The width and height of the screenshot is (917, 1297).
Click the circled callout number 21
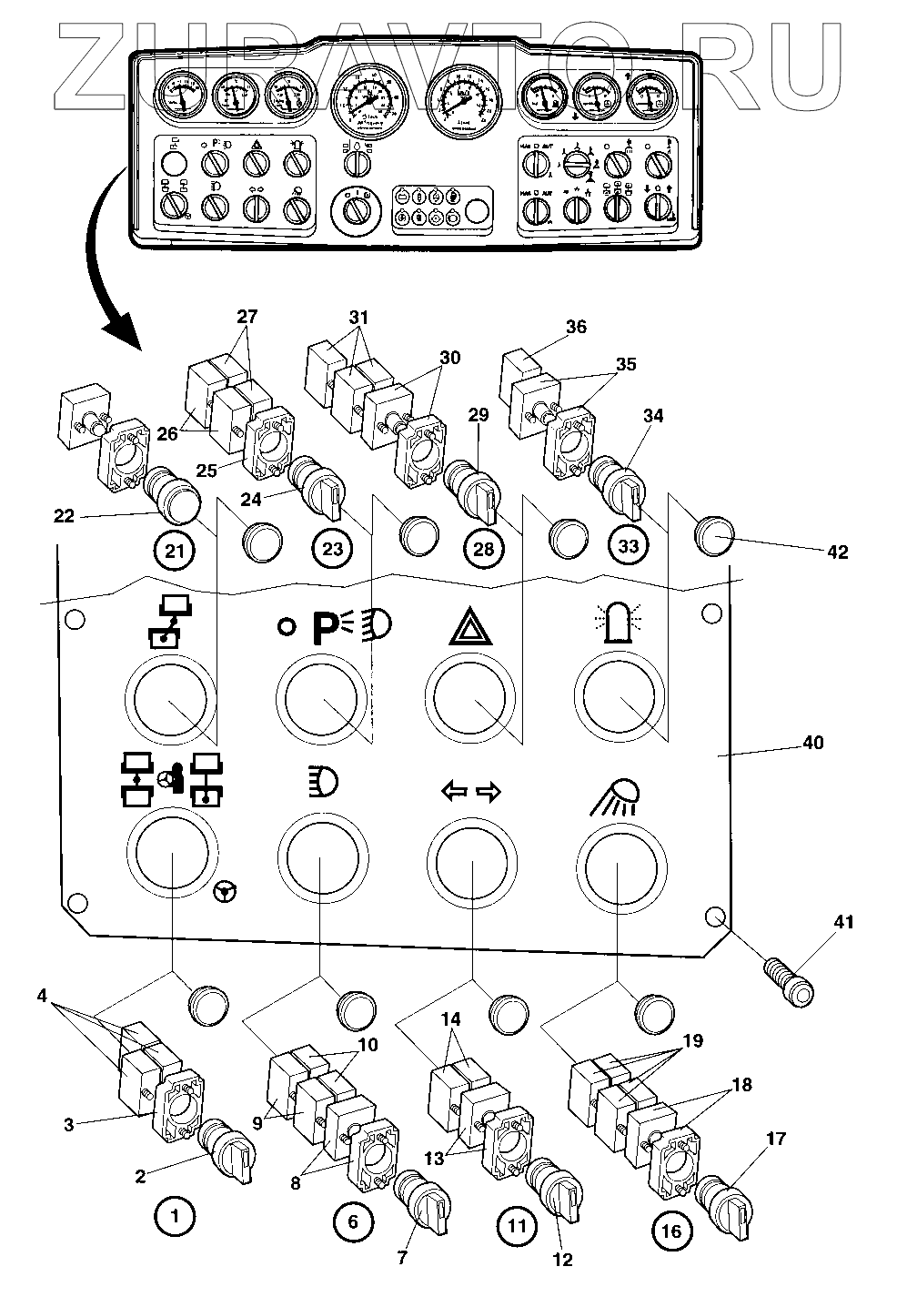click(173, 550)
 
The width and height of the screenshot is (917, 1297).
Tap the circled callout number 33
click(628, 545)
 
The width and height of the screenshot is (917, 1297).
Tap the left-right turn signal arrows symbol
click(471, 793)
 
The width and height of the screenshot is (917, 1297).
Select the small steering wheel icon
click(223, 891)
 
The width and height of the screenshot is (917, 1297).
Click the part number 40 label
click(811, 743)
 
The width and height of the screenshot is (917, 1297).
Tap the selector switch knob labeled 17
click(721, 1196)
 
